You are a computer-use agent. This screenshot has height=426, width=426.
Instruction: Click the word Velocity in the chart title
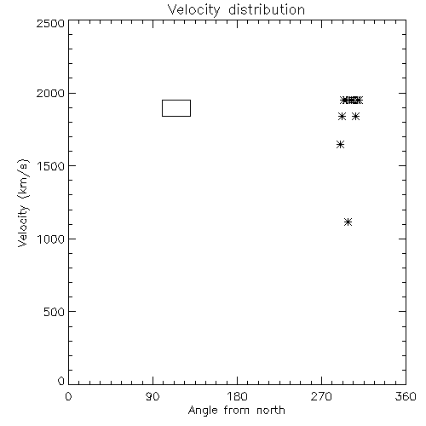(x=193, y=10)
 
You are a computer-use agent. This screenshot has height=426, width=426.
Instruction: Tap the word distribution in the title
(x=267, y=9)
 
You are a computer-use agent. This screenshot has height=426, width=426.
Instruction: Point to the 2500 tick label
(x=50, y=23)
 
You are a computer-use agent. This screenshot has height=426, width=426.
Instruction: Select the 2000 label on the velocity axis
(x=50, y=93)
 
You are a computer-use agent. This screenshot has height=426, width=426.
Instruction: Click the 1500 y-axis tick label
(x=51, y=166)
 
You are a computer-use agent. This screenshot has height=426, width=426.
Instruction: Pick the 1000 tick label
(x=51, y=239)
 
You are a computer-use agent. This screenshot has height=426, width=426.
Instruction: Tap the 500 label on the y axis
(x=55, y=312)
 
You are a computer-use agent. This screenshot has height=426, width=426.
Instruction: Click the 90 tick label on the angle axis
(x=153, y=396)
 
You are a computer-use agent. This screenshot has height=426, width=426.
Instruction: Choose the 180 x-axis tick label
(x=237, y=396)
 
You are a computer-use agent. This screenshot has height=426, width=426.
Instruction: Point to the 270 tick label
(x=321, y=396)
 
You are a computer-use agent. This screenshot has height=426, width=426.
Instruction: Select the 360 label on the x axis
(x=406, y=396)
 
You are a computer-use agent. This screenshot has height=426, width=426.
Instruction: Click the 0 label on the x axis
(x=68, y=396)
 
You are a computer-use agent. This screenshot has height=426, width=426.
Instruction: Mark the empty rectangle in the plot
(x=162, y=108)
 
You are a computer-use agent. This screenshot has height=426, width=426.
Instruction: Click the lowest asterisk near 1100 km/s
(x=348, y=222)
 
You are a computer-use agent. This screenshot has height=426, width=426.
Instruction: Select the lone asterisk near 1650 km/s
(x=341, y=145)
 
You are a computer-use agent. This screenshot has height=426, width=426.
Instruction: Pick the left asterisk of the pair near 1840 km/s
(x=343, y=116)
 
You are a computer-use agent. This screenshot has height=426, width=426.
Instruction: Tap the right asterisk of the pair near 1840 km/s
(x=355, y=116)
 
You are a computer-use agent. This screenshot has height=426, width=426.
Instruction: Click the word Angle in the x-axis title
(x=203, y=411)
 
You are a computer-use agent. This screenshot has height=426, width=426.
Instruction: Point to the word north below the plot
(x=271, y=411)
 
